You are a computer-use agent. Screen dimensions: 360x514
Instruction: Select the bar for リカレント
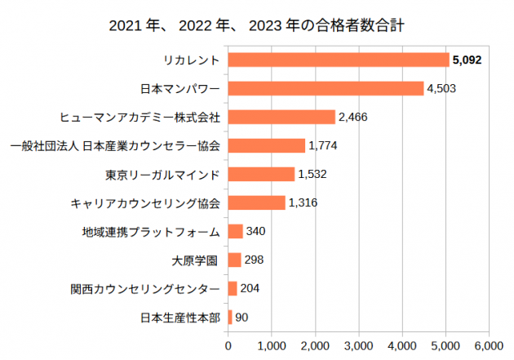click(x=339, y=60)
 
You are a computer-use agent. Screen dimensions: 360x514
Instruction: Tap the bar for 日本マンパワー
click(x=326, y=88)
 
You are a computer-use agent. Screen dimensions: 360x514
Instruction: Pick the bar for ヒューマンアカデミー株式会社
click(x=281, y=117)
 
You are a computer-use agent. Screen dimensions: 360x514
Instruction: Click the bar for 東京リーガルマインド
click(x=261, y=174)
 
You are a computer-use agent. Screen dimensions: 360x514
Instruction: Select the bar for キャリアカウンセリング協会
click(x=256, y=202)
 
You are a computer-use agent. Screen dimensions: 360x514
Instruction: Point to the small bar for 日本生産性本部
click(x=230, y=317)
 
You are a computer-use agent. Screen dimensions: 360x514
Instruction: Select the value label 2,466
click(x=353, y=117)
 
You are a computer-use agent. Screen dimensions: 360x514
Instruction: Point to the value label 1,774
click(x=323, y=145)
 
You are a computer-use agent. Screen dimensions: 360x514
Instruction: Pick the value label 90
click(x=242, y=317)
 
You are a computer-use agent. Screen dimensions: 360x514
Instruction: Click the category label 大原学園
click(x=194, y=260)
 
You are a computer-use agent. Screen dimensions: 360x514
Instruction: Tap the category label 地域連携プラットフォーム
click(x=151, y=232)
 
